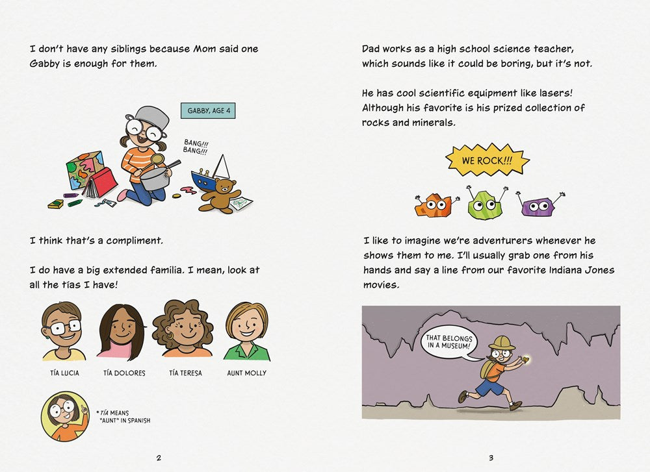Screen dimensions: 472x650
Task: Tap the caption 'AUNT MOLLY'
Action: [246, 373]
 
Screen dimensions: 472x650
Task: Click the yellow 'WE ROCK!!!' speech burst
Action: [487, 160]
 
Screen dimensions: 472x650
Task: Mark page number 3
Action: [491, 458]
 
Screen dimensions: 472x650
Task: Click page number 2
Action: [159, 458]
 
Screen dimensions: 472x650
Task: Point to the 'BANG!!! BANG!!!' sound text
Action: [195, 147]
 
